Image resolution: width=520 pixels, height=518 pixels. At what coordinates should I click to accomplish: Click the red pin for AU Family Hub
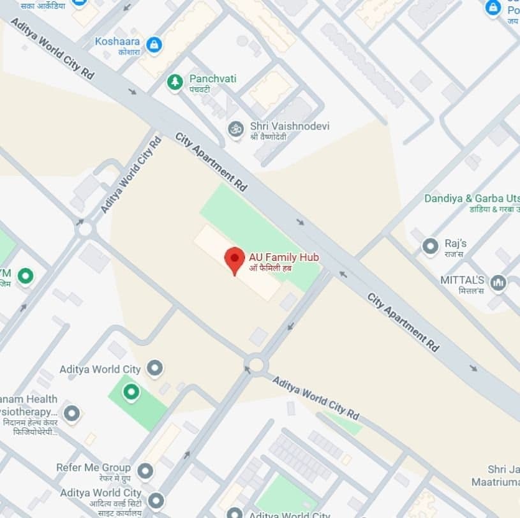pyautogui.click(x=235, y=258)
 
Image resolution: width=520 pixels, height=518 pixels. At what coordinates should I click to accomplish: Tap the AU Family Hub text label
pyautogui.click(x=284, y=257)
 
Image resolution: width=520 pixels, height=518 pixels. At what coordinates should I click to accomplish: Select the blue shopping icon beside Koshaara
pyautogui.click(x=153, y=45)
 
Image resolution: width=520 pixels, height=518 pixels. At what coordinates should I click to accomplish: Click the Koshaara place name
pyautogui.click(x=117, y=41)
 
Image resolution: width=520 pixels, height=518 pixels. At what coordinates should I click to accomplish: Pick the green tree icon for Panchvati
pyautogui.click(x=175, y=82)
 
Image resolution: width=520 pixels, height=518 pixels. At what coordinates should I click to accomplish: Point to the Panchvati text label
pyautogui.click(x=212, y=78)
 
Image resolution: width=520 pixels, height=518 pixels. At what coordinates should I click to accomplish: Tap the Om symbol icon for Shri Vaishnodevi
pyautogui.click(x=236, y=129)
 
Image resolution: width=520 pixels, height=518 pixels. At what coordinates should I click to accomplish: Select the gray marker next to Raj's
pyautogui.click(x=431, y=246)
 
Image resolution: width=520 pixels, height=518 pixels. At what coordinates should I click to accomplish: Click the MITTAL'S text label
pyautogui.click(x=463, y=280)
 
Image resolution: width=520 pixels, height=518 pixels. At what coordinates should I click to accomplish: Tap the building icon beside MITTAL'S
pyautogui.click(x=498, y=283)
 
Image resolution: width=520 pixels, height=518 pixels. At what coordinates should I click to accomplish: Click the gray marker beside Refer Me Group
pyautogui.click(x=145, y=471)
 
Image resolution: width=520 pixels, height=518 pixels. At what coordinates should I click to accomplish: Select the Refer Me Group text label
pyautogui.click(x=93, y=468)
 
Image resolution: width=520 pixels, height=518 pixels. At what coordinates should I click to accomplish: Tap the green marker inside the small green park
pyautogui.click(x=131, y=392)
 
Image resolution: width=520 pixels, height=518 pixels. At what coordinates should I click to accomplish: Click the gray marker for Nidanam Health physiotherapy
pyautogui.click(x=71, y=413)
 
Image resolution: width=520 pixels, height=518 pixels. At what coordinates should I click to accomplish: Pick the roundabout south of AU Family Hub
pyautogui.click(x=256, y=365)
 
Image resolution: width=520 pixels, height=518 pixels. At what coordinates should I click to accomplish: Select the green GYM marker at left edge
pyautogui.click(x=25, y=276)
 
